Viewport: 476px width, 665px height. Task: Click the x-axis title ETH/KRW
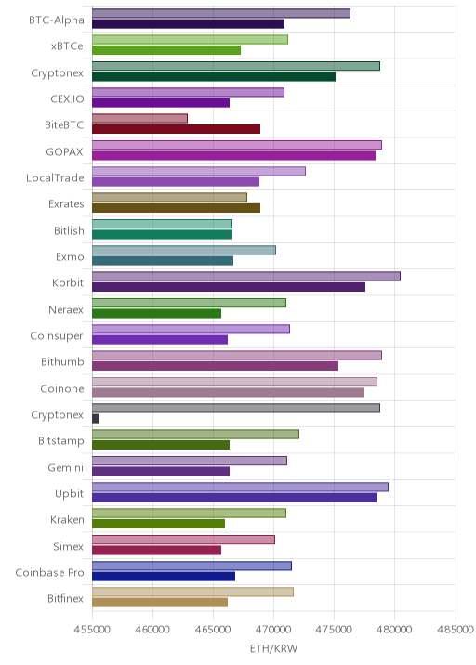coord(273,648)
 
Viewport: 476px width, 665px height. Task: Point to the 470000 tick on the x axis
coord(273,629)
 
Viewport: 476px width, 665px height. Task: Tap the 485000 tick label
coord(456,629)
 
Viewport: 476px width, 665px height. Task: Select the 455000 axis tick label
coord(92,629)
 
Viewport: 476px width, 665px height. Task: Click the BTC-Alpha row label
coord(57,20)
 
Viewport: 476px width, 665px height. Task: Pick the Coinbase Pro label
coord(49,572)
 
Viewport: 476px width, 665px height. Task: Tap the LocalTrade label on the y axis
coord(55,177)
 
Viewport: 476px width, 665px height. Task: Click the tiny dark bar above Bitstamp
coord(95,419)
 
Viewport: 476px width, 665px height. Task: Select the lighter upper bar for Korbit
coord(246,277)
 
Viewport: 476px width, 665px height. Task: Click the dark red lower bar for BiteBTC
coord(177,129)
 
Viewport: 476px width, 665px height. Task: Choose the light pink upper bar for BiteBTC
coord(139,118)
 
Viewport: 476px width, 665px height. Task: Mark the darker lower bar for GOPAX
coord(233,156)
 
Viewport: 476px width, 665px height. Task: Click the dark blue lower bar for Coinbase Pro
coord(164,577)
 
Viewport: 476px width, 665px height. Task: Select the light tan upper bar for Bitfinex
coord(192,592)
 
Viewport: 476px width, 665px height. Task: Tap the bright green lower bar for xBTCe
coord(166,50)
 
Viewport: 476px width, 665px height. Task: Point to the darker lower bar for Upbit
coord(234,498)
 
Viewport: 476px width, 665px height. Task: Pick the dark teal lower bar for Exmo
coord(163,261)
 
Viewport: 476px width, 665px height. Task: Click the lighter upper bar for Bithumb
coord(237,356)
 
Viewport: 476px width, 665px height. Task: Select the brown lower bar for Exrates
coord(177,208)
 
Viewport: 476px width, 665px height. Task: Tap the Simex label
coord(69,546)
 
